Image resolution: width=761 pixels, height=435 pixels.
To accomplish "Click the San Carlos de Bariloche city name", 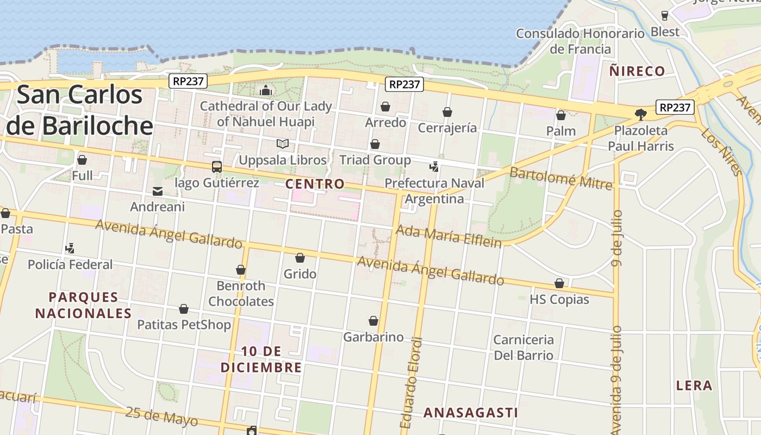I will tap(80, 110).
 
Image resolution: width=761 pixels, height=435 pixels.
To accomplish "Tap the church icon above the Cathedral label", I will tap(266, 90).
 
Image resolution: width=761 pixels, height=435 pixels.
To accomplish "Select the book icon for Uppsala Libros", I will tap(282, 144).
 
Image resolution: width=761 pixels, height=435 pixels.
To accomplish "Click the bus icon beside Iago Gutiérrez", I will tap(216, 167).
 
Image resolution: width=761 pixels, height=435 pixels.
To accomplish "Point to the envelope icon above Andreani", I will tap(158, 191).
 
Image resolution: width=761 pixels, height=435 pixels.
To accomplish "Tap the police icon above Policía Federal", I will tap(70, 248).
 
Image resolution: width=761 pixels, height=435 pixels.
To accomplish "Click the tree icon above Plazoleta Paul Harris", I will tap(641, 114).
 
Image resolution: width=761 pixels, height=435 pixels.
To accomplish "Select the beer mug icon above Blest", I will tap(665, 15).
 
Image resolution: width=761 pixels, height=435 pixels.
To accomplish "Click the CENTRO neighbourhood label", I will tap(315, 184).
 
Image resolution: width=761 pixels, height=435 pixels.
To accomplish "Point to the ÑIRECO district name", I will tap(637, 71).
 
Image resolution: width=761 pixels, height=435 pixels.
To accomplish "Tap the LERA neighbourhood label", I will tap(694, 386).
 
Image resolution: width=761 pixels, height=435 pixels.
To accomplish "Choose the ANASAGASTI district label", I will tap(471, 413).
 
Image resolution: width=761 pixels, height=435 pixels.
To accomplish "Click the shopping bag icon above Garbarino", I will tap(373, 321).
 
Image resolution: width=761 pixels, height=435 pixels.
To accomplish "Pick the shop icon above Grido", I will tap(300, 258).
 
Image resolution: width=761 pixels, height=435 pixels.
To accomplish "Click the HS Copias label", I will tap(559, 299).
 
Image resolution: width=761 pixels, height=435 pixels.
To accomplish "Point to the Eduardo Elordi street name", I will tap(411, 383).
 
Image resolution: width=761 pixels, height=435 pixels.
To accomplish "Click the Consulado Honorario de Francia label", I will tap(580, 41).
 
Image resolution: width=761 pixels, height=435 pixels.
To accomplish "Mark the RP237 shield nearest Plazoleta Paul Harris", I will tap(675, 107).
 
